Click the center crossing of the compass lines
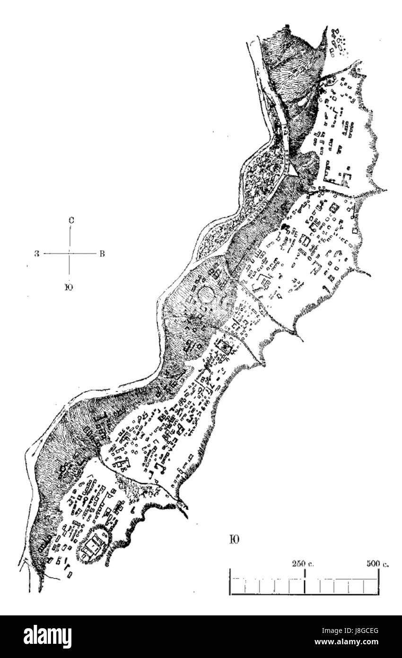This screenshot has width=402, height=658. (70, 254)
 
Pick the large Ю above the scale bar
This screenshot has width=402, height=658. (234, 540)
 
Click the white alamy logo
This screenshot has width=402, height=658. (47, 637)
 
